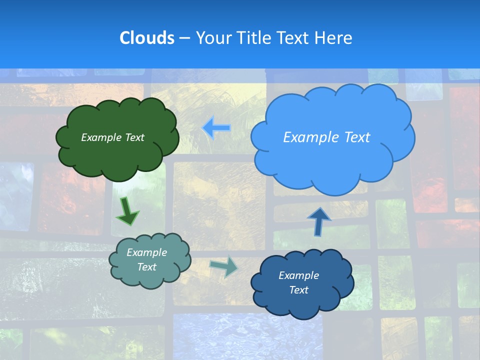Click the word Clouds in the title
click(146, 38)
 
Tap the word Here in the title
click(334, 38)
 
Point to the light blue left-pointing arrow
click(216, 127)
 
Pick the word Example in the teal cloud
click(146, 252)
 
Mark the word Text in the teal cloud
click(146, 267)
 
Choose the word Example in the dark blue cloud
click(298, 275)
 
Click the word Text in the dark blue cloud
click(298, 290)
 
